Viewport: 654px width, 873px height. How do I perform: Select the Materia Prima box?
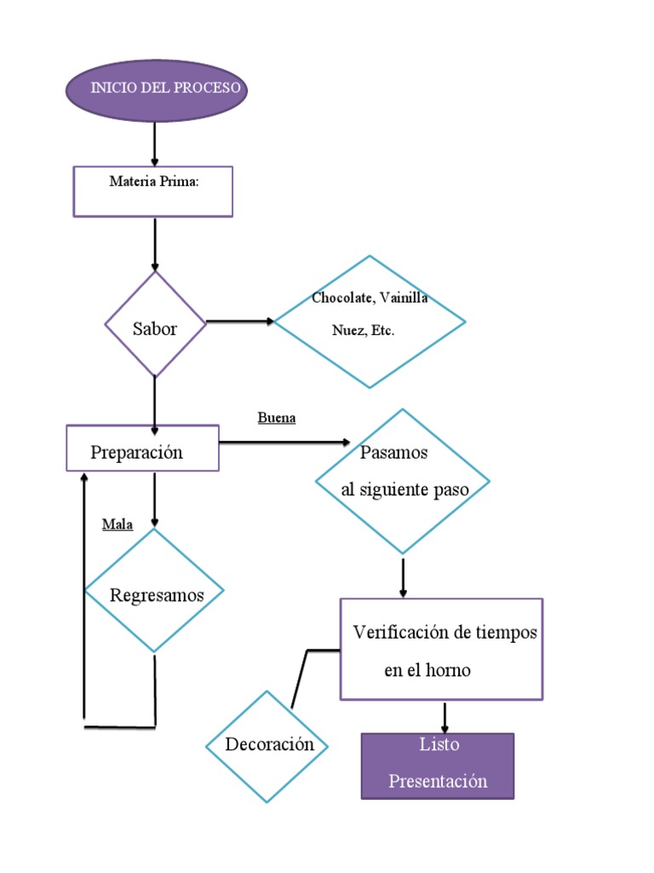[x=153, y=191]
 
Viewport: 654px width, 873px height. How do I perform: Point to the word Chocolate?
[x=342, y=298]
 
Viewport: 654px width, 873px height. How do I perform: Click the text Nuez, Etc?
[x=363, y=331]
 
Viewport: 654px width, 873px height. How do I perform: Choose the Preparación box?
[x=142, y=448]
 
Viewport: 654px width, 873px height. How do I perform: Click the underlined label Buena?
[x=276, y=419]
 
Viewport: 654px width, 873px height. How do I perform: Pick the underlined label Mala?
[x=118, y=524]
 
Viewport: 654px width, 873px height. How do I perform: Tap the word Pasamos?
[x=393, y=453]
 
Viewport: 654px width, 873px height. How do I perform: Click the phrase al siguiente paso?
[x=404, y=489]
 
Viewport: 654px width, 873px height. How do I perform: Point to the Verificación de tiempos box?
[x=441, y=649]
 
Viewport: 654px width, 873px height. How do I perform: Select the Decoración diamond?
[x=268, y=746]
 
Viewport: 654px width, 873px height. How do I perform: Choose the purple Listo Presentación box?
[x=438, y=766]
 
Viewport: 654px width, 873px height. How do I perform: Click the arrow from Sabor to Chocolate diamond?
[x=239, y=321]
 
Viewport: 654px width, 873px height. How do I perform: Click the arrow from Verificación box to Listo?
[x=445, y=717]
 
